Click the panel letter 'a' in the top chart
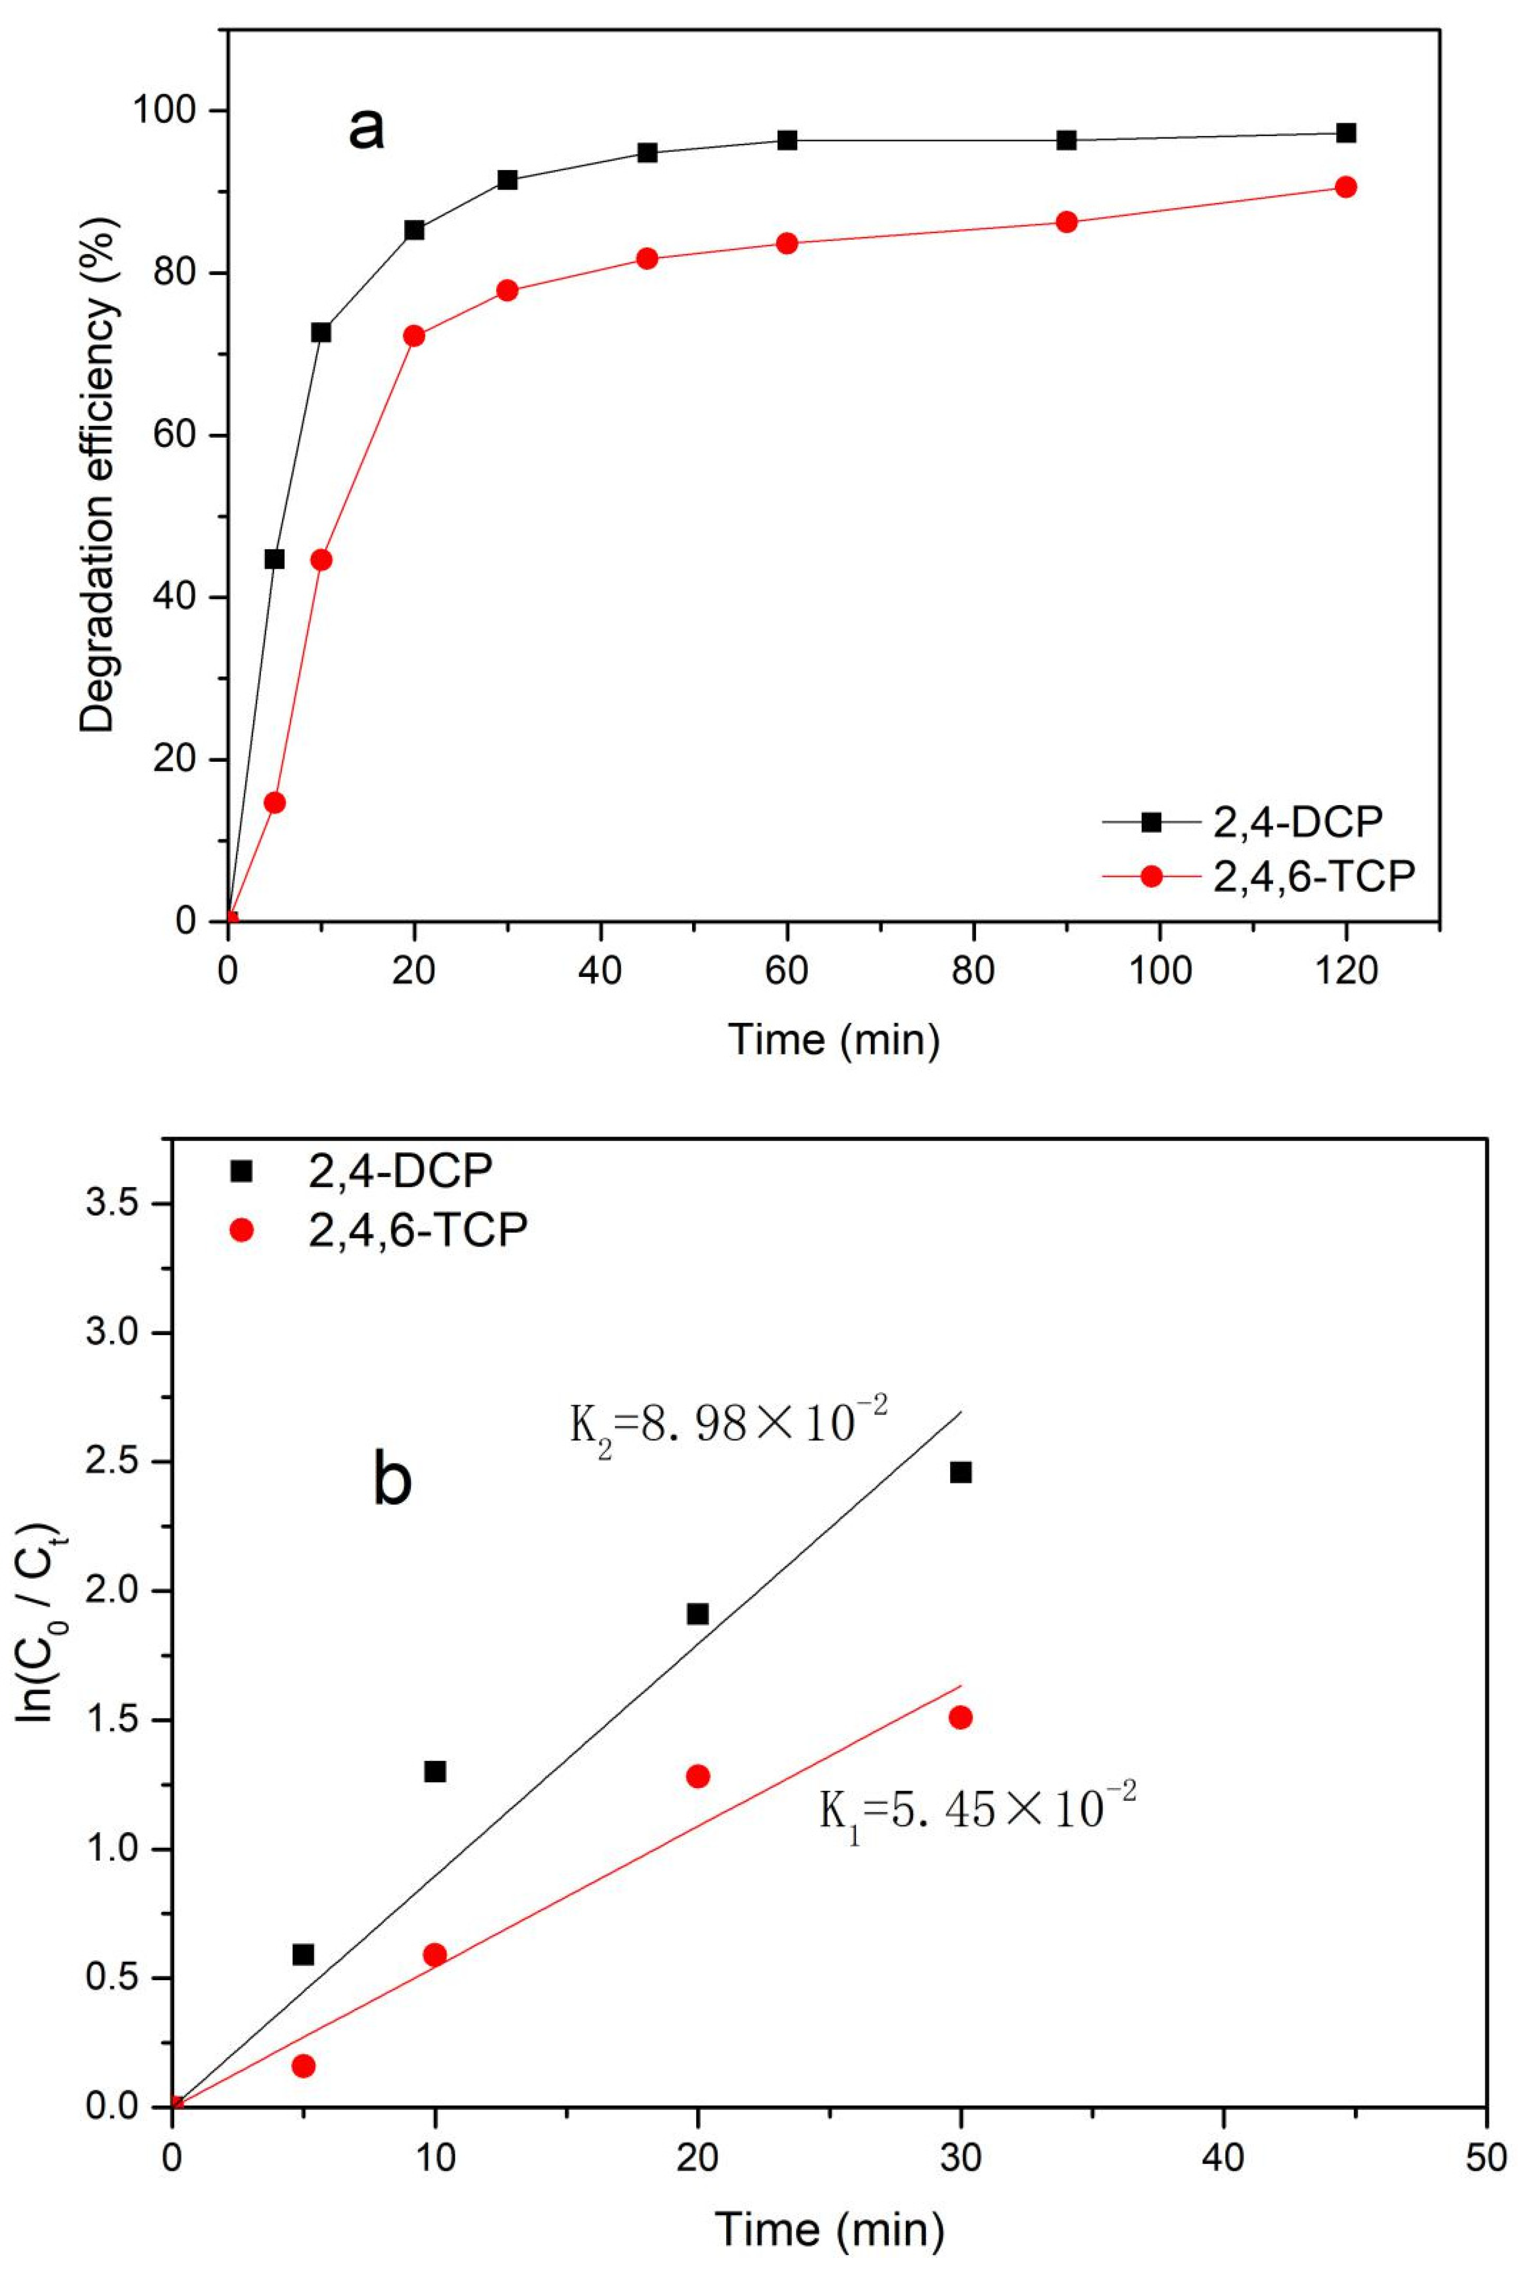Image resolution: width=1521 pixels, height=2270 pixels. coord(367,130)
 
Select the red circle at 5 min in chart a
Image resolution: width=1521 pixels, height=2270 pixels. coord(275,802)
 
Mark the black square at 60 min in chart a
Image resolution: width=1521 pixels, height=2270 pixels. coord(787,141)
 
